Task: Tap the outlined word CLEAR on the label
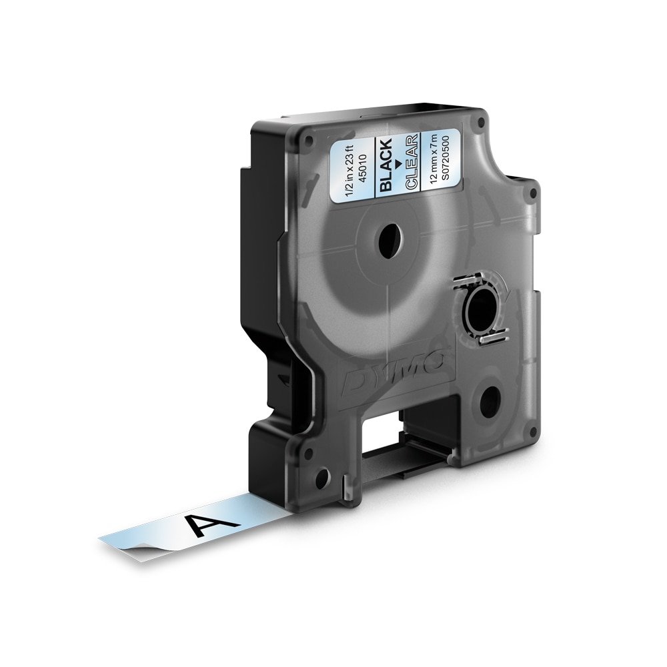click(412, 161)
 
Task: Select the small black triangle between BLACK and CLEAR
click(398, 162)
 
